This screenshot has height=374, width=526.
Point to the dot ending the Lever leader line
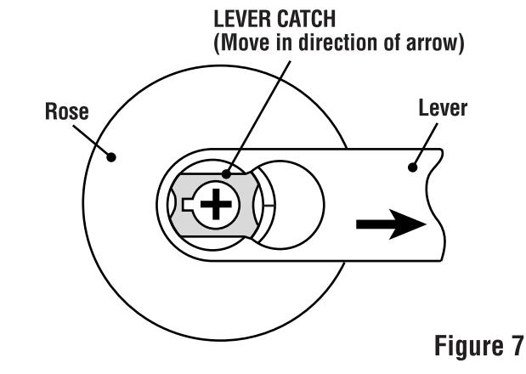click(414, 167)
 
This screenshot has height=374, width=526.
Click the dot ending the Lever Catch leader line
click(227, 175)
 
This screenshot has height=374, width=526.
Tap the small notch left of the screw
click(188, 205)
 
